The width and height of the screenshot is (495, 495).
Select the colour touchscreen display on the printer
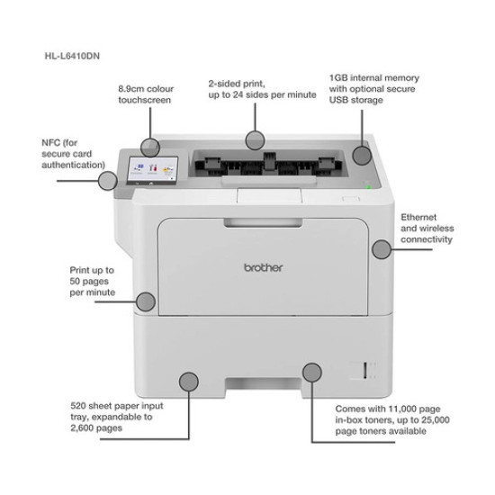pos(148,170)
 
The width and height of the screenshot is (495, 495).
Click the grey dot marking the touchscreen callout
pos(151,145)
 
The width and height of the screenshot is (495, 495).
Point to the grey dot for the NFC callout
pos(108,180)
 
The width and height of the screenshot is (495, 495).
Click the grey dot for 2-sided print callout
pos(255,139)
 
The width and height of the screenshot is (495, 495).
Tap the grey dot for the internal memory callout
pos(362,154)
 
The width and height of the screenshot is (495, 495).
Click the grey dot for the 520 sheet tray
pos(188,381)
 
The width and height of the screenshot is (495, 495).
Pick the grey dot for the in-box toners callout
pos(312,373)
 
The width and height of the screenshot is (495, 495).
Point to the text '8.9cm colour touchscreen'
pos(146,96)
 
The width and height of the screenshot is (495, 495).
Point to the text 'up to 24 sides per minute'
pos(261,94)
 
